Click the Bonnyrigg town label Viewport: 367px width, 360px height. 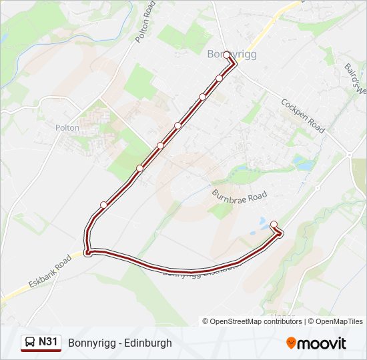(232, 55)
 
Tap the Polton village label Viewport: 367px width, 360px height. (67, 127)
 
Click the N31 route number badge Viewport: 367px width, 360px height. (49, 342)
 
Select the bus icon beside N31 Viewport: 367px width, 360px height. (30, 343)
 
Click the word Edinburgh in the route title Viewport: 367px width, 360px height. (147, 343)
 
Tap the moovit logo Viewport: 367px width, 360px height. (316, 343)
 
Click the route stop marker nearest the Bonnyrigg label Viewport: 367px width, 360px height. (227, 55)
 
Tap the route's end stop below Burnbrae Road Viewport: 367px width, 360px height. (274, 225)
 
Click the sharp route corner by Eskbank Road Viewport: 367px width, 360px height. (87, 251)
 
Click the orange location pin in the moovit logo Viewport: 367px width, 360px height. (292, 343)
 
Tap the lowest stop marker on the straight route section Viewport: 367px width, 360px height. (103, 205)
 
